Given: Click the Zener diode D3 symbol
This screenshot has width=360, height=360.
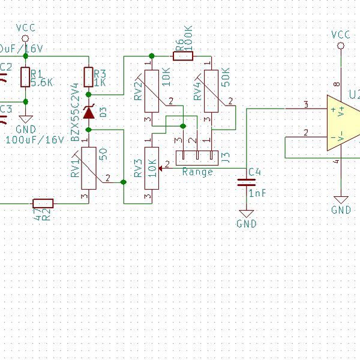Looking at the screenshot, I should (89, 112).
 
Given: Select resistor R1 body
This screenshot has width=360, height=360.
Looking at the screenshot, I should (25, 77).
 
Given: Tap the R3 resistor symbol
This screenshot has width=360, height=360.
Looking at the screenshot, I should (89, 77).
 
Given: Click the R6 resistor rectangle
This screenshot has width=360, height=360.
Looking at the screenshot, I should (182, 56).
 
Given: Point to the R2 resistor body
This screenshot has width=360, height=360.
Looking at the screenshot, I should (43, 203).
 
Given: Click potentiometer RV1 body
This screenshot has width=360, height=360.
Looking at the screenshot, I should (89, 169).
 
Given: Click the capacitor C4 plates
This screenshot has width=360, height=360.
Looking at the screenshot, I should (245, 182).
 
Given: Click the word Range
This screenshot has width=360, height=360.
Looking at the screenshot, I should (198, 172).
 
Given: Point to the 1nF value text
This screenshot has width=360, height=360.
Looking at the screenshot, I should (256, 194).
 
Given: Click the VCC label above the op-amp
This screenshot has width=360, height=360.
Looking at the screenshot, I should (340, 35).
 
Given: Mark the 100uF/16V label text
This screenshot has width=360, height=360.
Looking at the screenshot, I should (34, 139).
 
